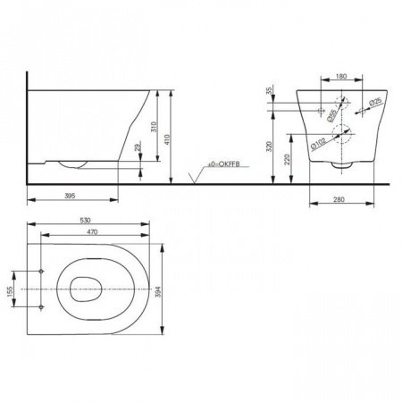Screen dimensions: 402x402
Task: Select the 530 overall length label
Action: coord(88,217)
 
